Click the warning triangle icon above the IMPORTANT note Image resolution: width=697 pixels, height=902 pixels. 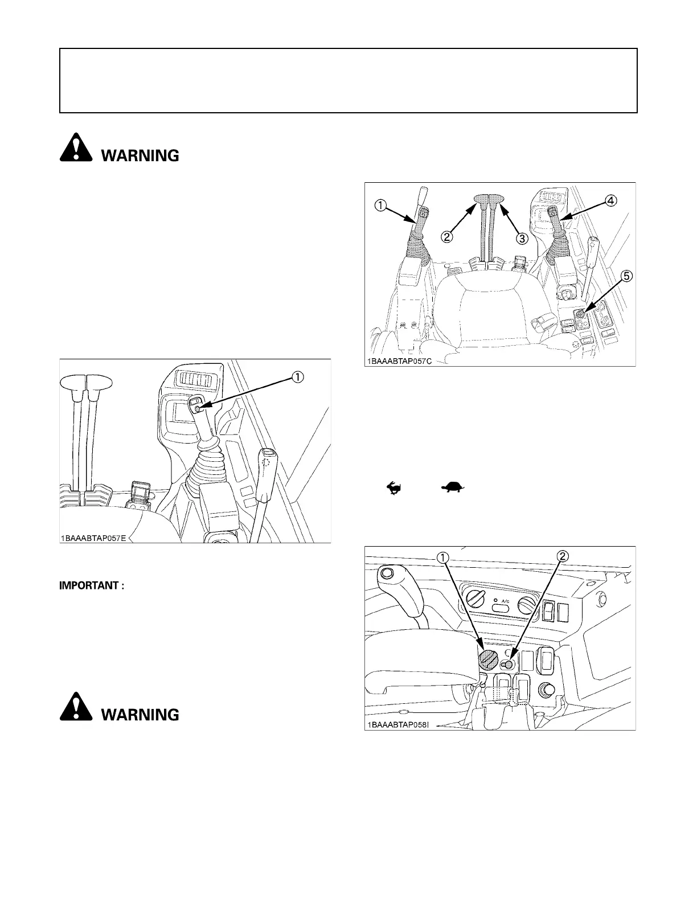point(75,150)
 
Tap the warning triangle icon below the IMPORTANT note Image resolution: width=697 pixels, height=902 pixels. point(75,709)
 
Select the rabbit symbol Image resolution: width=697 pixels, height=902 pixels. point(392,487)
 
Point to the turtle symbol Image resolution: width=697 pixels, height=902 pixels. point(453,487)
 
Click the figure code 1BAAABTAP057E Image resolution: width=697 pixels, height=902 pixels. point(95,538)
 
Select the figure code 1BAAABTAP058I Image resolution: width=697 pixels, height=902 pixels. point(397,725)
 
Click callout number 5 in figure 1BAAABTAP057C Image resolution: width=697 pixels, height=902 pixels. point(626,277)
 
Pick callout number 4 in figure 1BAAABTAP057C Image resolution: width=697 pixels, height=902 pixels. point(610,200)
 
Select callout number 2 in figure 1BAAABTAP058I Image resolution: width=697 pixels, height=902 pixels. point(561,557)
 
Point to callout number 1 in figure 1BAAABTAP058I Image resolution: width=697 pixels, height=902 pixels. point(441,557)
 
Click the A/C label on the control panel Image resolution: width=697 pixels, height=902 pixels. point(505,601)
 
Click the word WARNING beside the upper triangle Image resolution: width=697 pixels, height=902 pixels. point(140,155)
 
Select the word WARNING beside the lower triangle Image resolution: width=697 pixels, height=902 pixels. point(140,715)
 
